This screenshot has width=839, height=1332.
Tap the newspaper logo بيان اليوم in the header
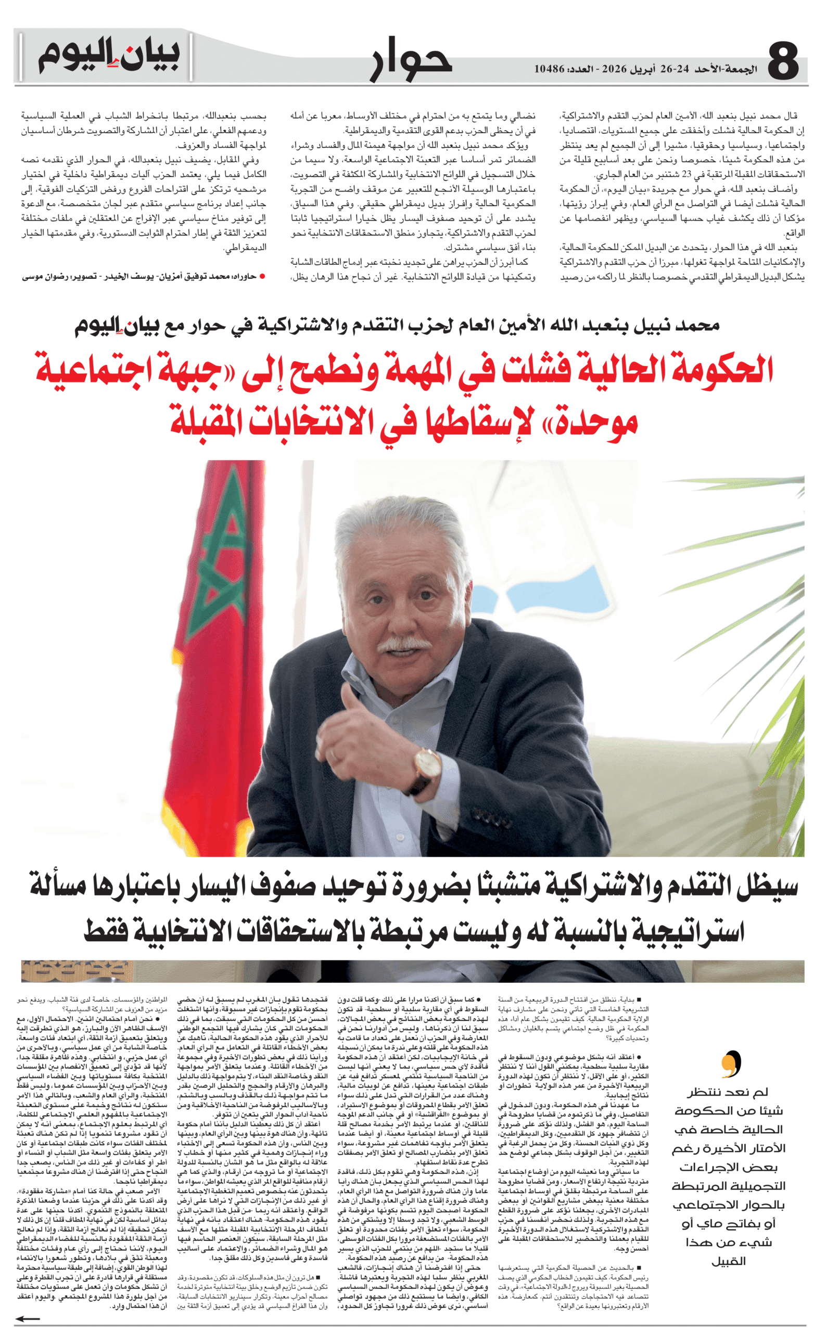click(108, 55)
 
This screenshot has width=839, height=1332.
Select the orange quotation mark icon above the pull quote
click(731, 1064)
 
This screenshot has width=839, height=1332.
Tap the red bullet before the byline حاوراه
click(262, 276)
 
